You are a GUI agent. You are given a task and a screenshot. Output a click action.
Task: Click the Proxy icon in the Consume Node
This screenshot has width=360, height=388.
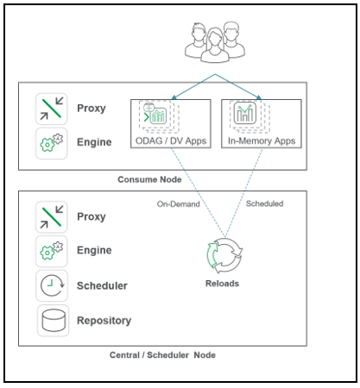coord(51,109)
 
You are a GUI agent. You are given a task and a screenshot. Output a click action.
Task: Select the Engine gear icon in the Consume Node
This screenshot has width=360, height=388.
coord(51,142)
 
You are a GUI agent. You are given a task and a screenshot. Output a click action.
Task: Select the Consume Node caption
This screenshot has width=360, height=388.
coord(148,179)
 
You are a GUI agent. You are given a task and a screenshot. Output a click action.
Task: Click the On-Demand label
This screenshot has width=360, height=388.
coord(177,204)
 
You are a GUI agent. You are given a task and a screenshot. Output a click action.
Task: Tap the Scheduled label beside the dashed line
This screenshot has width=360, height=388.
coord(265,204)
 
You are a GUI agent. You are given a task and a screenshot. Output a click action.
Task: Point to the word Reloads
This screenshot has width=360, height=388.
coord(222,283)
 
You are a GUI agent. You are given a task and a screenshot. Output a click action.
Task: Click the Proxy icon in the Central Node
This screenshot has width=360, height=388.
coord(51,216)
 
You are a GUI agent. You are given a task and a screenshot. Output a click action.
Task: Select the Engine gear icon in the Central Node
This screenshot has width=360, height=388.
coord(51,250)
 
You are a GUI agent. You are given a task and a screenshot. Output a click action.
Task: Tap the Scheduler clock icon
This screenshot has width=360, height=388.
coord(51,285)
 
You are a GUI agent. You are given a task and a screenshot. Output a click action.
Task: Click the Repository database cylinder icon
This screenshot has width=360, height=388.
coord(51,320)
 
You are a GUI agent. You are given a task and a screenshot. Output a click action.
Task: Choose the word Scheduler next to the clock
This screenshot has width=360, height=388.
coord(103,285)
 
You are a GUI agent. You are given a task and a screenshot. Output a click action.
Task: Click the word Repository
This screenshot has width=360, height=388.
coord(104,320)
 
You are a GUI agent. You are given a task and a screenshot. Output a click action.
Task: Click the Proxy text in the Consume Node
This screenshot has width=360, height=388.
coord(92,109)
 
